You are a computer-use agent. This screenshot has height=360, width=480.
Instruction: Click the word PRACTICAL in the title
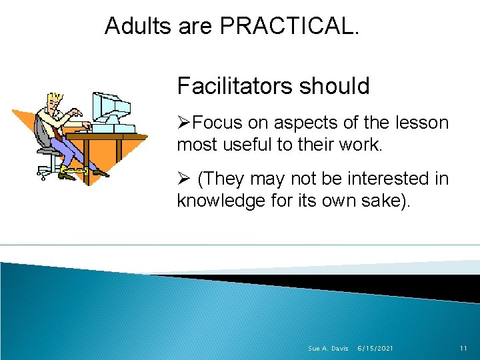click(289, 26)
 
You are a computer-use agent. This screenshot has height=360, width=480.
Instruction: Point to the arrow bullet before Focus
click(184, 123)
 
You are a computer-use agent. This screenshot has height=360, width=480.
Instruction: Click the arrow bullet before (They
click(184, 179)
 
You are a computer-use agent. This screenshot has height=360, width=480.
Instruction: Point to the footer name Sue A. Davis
click(328, 349)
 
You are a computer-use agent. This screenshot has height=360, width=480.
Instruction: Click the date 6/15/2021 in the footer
click(375, 349)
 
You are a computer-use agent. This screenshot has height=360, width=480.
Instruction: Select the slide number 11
click(465, 349)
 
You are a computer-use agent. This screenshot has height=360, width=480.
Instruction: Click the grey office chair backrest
click(42, 133)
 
